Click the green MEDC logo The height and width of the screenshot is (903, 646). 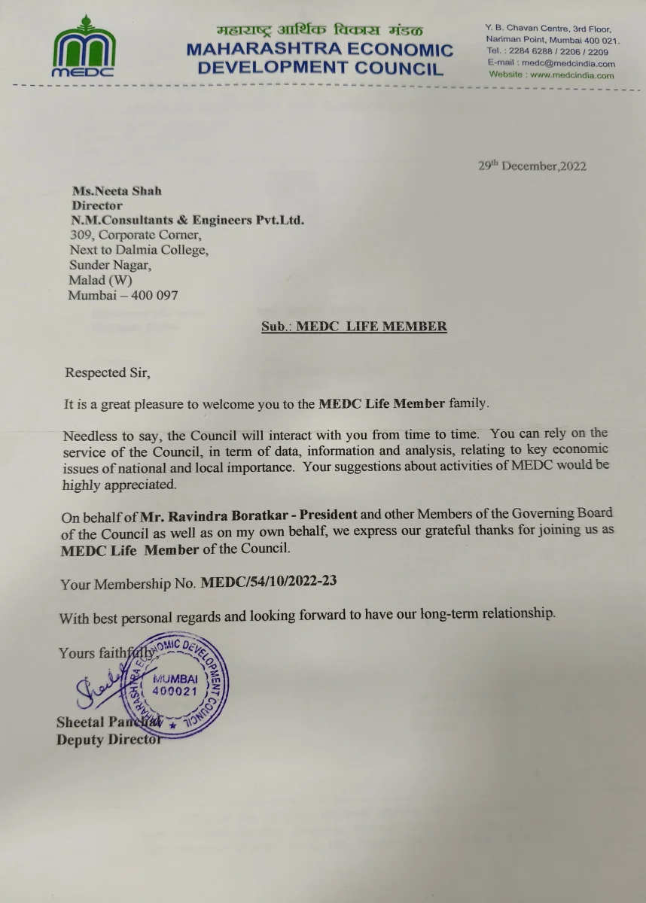(x=84, y=47)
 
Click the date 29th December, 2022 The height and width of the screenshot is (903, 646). (x=532, y=166)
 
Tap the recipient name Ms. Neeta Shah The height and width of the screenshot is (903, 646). (x=117, y=191)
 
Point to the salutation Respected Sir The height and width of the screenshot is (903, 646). (x=102, y=372)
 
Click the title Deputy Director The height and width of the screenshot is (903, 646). (x=108, y=740)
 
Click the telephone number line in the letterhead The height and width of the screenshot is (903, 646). (x=547, y=52)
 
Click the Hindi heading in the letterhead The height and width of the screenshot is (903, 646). (x=319, y=31)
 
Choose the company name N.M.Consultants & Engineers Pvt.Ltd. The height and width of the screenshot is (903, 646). (x=187, y=220)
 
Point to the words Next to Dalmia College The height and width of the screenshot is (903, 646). (x=139, y=250)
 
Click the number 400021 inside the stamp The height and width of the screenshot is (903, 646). (x=175, y=690)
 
